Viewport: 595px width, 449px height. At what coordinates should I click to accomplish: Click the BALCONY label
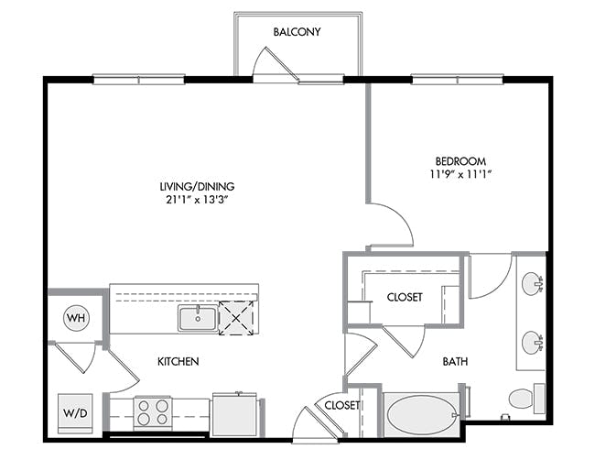297,31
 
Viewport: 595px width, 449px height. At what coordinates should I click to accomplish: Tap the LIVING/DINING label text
197,187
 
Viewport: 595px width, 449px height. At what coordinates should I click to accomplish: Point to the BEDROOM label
460,161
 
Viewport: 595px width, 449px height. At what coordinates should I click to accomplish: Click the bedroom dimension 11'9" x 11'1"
460,174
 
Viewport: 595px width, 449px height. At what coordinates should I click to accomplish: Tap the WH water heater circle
76,318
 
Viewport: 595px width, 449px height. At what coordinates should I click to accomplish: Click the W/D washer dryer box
75,413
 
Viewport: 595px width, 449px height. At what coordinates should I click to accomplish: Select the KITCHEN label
178,361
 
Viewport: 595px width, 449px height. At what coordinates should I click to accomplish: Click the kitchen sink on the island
198,318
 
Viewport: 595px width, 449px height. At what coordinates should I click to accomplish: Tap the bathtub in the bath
421,415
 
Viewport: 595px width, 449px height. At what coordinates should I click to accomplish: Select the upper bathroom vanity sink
533,283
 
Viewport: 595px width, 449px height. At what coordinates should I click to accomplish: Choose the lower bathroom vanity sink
533,343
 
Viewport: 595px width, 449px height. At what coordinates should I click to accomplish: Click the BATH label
455,361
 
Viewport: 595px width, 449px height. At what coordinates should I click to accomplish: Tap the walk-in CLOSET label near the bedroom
405,297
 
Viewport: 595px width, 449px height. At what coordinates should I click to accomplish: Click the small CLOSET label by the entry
342,405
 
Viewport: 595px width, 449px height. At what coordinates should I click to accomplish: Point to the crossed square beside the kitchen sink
236,318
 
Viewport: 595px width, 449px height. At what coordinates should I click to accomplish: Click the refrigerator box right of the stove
234,415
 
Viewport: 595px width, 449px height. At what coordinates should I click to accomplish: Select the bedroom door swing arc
402,216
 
